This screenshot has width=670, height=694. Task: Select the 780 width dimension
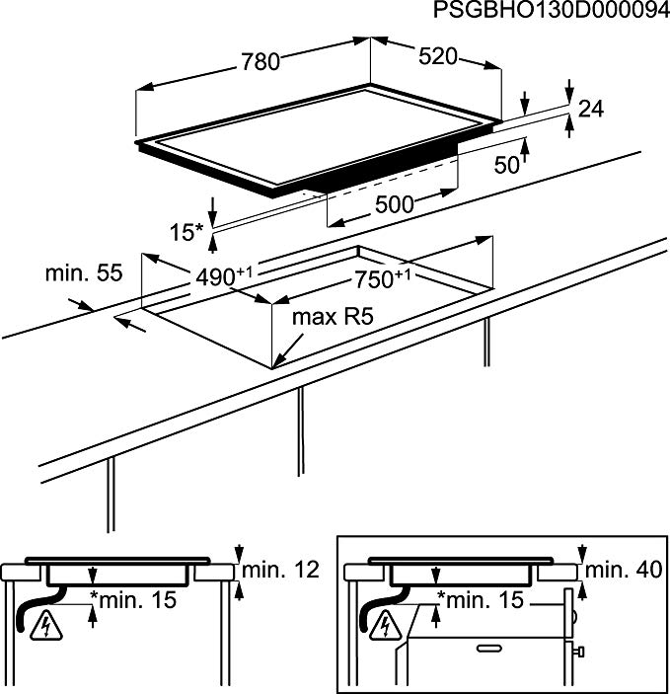click(261, 61)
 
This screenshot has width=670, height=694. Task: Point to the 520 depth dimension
click(437, 56)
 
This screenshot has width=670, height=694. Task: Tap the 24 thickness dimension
click(590, 110)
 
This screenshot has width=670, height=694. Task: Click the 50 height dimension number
click(505, 165)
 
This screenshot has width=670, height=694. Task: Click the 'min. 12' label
click(280, 569)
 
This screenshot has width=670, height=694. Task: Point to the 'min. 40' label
click(625, 569)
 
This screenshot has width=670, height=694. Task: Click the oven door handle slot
click(490, 649)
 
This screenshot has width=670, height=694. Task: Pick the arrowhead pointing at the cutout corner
click(283, 360)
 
